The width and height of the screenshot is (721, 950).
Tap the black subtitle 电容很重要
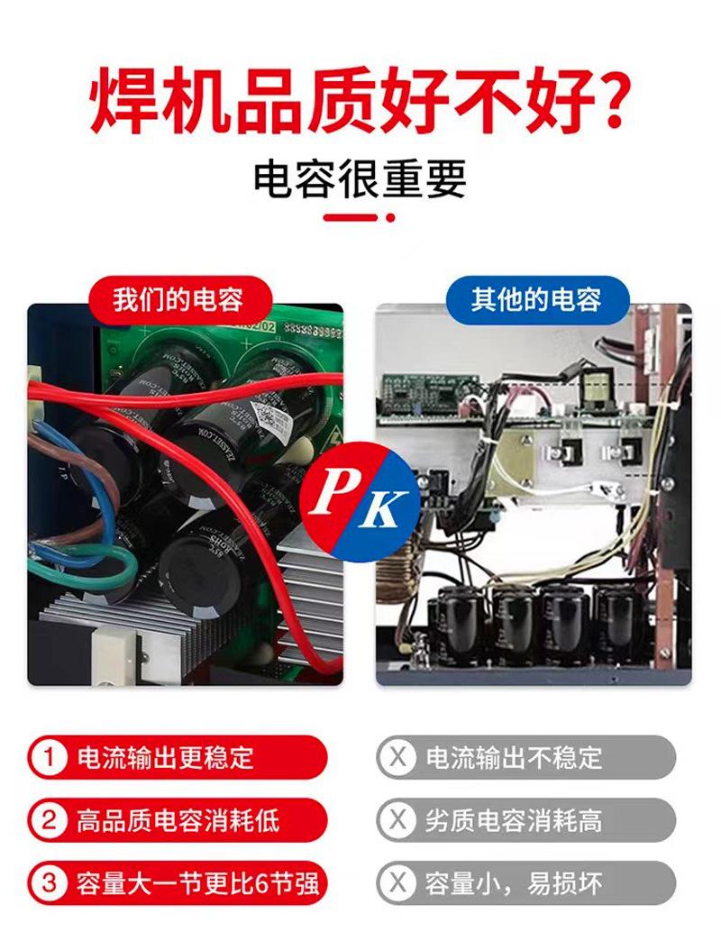360,178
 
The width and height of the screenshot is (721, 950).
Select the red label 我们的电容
178,299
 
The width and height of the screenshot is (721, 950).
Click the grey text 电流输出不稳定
514,757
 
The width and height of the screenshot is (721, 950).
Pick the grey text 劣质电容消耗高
514,820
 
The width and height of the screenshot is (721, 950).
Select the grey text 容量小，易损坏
514,882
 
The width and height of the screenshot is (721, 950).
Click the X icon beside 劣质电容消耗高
397,820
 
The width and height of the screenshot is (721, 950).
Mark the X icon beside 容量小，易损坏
397,882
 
